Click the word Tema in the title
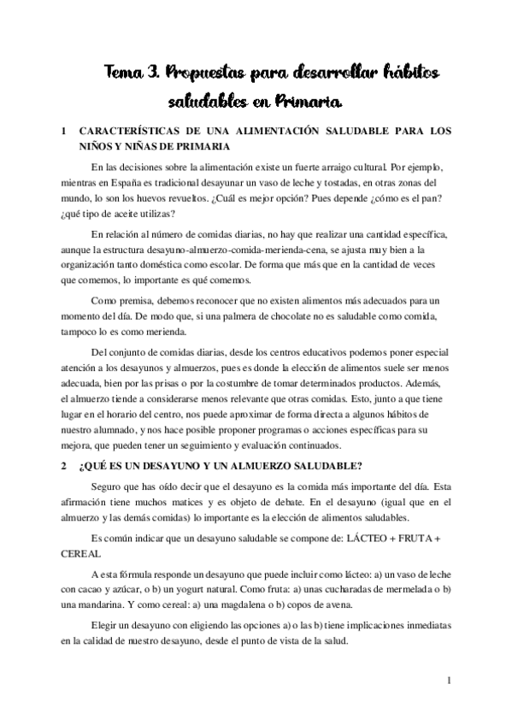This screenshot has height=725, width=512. point(124,74)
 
